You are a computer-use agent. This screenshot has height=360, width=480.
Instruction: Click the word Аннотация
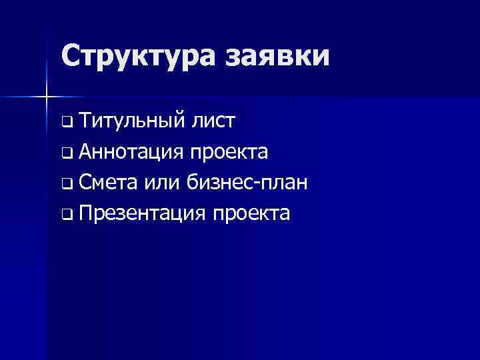131,152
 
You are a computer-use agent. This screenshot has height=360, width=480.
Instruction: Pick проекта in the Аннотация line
229,153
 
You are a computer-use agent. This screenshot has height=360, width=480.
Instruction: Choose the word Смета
109,182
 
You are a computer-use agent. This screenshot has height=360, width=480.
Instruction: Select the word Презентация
141,213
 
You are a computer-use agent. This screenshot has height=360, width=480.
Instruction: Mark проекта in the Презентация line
251,213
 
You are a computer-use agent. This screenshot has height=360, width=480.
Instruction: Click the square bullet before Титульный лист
67,123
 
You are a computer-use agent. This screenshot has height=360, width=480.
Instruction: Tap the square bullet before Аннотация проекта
67,153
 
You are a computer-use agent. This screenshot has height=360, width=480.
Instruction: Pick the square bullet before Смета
67,184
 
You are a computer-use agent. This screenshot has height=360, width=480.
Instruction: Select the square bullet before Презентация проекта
67,215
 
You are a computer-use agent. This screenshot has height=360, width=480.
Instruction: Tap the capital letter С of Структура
70,55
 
